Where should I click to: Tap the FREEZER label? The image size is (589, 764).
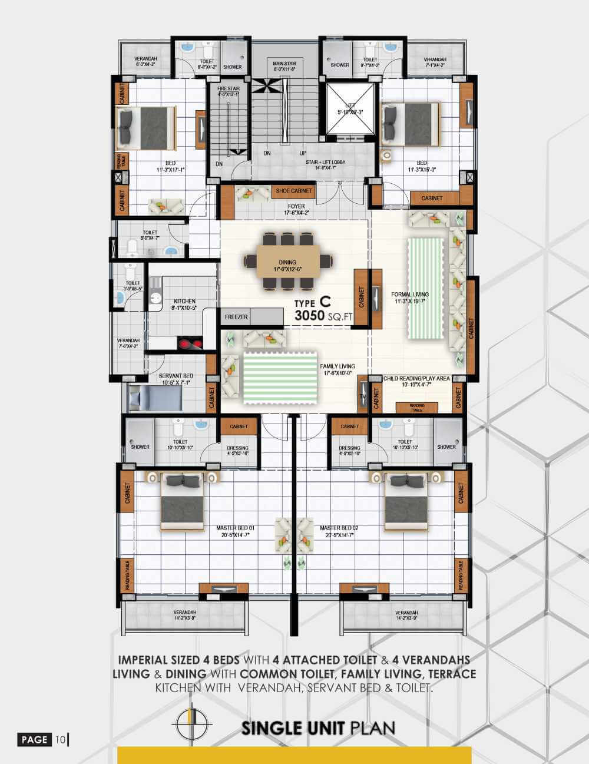(x=236, y=317)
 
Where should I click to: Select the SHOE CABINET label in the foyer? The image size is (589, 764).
(x=294, y=191)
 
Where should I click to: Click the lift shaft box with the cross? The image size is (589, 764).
(x=350, y=110)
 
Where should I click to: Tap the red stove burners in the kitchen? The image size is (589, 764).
(x=190, y=343)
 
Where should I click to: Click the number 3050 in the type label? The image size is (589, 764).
(x=310, y=316)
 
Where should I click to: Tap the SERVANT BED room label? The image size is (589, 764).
(x=176, y=376)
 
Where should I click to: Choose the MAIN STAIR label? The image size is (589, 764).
(x=284, y=63)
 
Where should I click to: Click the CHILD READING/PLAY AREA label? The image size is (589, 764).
(x=416, y=378)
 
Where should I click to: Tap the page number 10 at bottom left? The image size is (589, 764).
(x=61, y=739)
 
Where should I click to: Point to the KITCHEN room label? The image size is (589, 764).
(x=184, y=301)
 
